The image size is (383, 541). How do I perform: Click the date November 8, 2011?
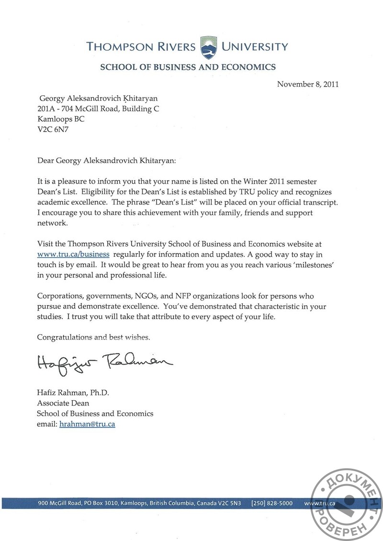308,84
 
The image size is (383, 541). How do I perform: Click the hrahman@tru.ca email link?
87,424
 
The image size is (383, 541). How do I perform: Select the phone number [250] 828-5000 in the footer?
271,503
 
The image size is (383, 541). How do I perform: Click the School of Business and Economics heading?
188,67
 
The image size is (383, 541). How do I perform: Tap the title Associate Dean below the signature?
63,403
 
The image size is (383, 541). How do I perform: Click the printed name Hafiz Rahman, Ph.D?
73,393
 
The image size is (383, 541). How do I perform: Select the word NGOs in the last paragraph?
142,297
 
